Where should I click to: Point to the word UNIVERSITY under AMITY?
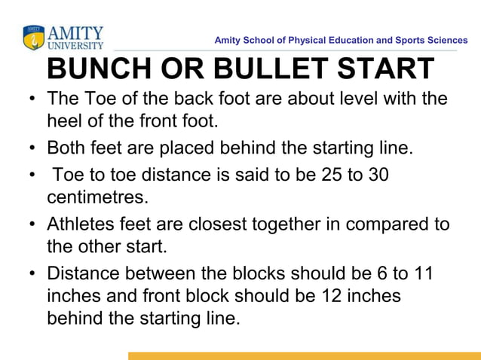75,45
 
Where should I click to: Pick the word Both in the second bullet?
65,146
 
